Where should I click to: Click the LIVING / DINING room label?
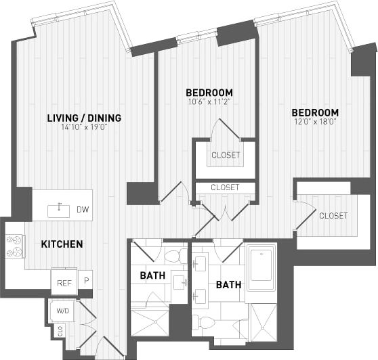coord(84,118)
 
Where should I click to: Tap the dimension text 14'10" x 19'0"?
coord(84,127)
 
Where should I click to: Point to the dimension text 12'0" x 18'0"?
coord(314,122)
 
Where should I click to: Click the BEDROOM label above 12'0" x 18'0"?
coord(315,112)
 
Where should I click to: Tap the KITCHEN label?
coord(62,244)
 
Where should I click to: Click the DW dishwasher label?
coord(83,210)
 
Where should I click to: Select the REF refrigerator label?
coord(64,284)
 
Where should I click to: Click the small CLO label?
coord(60,332)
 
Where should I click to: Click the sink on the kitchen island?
coord(60,209)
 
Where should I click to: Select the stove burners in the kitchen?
coord(14,246)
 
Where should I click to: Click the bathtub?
coord(261,269)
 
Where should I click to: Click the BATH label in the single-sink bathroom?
coord(150,275)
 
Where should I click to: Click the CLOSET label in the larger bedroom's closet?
coord(333,216)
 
